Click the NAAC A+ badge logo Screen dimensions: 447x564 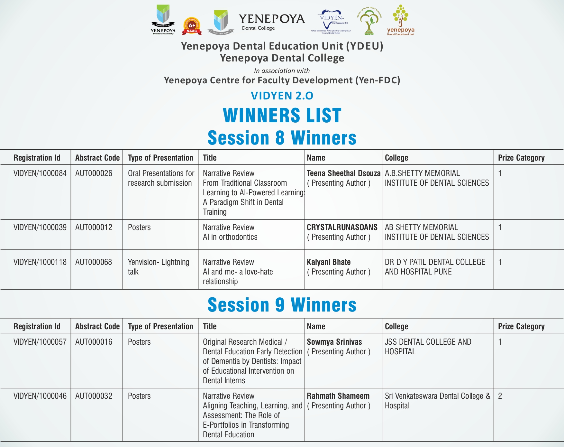[x=192, y=26]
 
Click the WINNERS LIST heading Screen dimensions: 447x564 [x=282, y=116]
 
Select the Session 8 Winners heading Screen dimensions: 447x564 [x=282, y=138]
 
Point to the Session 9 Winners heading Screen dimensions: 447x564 [x=282, y=305]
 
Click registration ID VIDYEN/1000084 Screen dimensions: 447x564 [x=40, y=173]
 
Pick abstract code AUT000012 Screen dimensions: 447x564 [x=94, y=228]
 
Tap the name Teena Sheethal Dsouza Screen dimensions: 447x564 [x=343, y=173]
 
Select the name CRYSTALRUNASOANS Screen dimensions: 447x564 [x=342, y=228]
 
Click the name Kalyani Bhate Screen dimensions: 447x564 [x=329, y=262]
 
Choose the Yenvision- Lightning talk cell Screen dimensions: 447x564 [x=159, y=267]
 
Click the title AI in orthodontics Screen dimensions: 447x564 [x=230, y=237]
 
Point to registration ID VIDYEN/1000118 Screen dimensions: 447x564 [x=40, y=262]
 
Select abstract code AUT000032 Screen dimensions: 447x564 [x=94, y=396]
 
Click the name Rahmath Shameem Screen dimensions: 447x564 [x=338, y=396]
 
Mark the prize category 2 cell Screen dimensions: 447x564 [x=500, y=396]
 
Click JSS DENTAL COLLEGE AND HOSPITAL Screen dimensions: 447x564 [x=428, y=347]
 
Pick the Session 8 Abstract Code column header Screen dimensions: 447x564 [x=97, y=158]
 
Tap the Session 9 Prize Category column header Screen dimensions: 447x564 [x=521, y=327]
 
